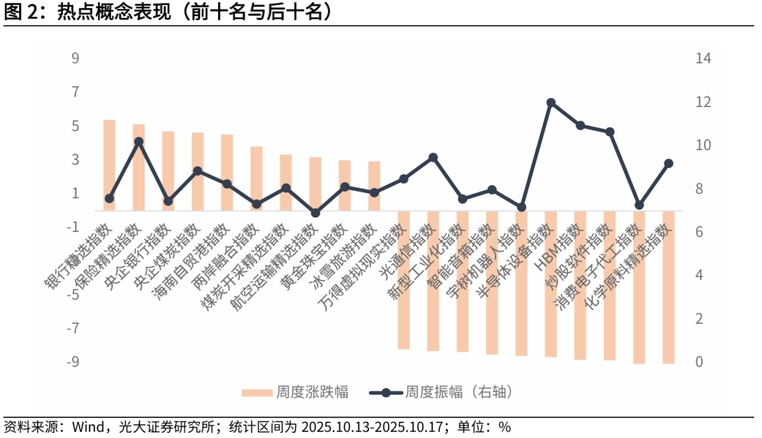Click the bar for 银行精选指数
coord(109,165)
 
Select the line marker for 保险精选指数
coord(139,142)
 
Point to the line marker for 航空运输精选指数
coord(315,213)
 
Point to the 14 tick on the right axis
coord(703,59)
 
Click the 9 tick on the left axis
coord(75,59)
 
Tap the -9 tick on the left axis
coord(72,362)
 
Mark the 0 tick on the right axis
coord(700,362)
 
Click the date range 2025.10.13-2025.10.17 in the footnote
coord(375,427)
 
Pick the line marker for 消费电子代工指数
coord(639,205)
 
